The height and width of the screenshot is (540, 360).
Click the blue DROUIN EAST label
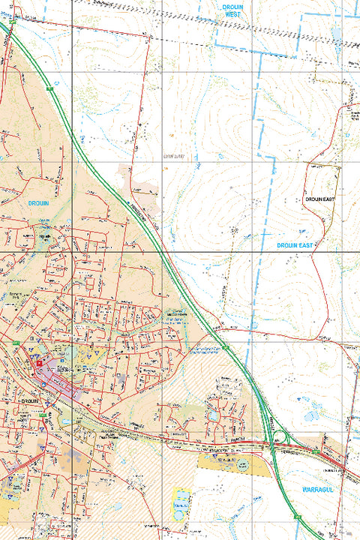point(294,245)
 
